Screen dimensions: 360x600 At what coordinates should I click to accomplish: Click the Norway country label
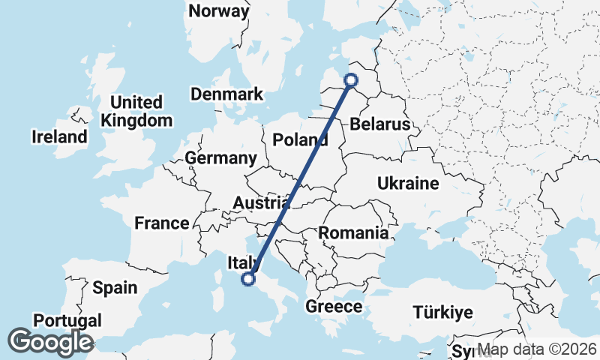click(x=218, y=11)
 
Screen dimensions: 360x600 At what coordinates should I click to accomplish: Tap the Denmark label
click(x=226, y=94)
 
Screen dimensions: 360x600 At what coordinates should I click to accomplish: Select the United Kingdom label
click(x=136, y=111)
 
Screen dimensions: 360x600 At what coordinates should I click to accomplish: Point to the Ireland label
click(x=59, y=137)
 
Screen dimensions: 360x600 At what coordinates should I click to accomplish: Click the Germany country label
click(x=220, y=158)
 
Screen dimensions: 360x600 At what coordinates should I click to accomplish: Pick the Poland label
click(x=299, y=139)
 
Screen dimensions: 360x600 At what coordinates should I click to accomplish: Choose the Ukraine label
click(x=407, y=183)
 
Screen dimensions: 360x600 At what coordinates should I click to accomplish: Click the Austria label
click(x=261, y=203)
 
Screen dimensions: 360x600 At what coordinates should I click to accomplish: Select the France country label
click(x=162, y=223)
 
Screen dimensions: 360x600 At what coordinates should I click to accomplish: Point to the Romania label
click(x=353, y=232)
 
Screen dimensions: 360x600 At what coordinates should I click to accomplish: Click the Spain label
click(x=115, y=287)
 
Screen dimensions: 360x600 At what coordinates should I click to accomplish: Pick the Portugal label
click(x=67, y=321)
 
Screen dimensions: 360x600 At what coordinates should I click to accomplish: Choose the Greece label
click(x=334, y=307)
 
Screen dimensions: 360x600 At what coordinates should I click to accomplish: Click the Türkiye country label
click(x=443, y=313)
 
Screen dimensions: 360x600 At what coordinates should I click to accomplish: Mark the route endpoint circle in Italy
click(x=248, y=279)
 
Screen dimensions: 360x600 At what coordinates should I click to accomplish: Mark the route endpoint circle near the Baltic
click(x=350, y=79)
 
